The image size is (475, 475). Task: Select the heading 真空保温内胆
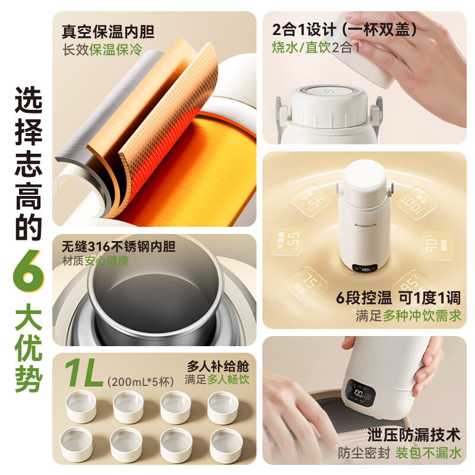coord(102,30)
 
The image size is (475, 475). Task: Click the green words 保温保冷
coord(116,50)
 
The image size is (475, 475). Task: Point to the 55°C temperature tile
coord(284,240)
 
